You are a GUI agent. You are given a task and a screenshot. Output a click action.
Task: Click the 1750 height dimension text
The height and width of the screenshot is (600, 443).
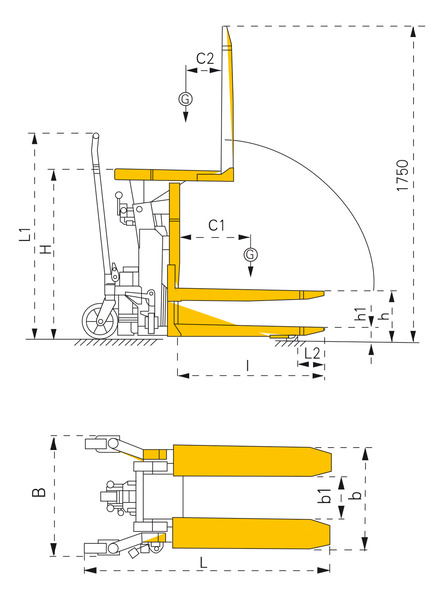point(402,175)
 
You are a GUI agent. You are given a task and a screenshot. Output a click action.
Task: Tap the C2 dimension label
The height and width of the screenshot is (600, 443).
point(205,59)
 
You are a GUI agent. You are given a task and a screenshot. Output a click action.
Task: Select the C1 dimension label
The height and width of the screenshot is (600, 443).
point(217,225)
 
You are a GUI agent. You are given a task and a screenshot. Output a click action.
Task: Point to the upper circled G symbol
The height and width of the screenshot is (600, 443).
point(186,99)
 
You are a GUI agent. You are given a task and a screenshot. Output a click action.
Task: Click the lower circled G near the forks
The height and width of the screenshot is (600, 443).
point(250,254)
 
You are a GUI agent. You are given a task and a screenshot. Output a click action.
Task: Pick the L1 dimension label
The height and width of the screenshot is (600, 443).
point(24,234)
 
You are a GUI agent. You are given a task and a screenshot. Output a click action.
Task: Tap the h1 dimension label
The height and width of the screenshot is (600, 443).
point(360,313)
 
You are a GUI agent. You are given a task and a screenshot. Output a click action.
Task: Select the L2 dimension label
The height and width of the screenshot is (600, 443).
point(312,353)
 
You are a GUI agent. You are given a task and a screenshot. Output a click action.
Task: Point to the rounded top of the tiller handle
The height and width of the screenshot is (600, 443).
point(96,136)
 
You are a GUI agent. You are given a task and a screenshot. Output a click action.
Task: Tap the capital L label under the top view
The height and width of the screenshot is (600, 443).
point(204,562)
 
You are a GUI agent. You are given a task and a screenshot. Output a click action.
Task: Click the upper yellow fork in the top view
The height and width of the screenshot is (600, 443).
point(252,461)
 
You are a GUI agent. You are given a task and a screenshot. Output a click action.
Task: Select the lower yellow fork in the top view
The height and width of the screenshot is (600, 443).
point(252,533)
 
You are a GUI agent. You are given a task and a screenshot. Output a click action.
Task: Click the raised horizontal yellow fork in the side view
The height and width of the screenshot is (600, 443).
point(247,294)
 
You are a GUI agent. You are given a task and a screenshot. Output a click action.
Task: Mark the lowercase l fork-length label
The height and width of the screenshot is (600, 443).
point(248,366)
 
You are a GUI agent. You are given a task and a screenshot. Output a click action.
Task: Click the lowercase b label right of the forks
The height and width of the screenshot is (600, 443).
point(356,494)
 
